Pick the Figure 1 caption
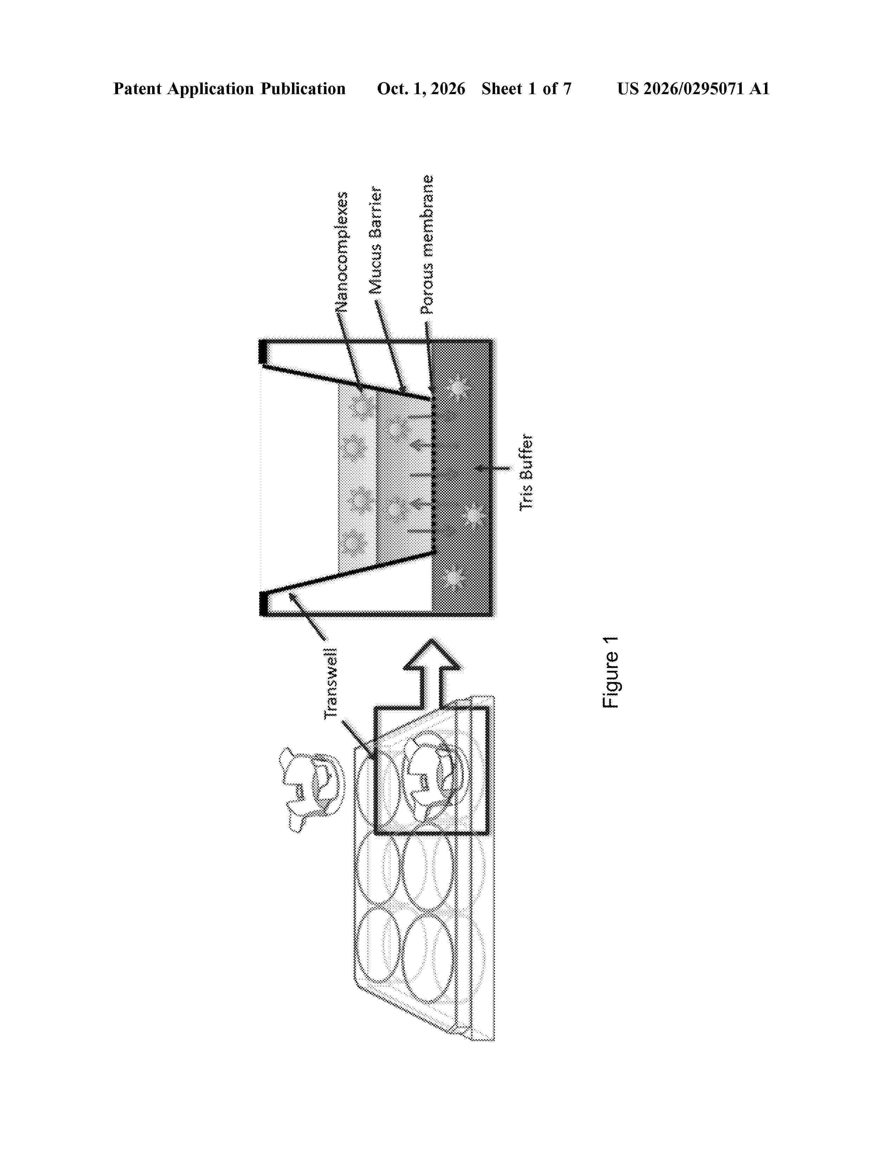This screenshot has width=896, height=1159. [610, 672]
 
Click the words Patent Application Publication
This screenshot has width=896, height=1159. [229, 89]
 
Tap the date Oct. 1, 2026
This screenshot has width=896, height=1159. [421, 89]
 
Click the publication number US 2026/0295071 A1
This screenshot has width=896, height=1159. [693, 89]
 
